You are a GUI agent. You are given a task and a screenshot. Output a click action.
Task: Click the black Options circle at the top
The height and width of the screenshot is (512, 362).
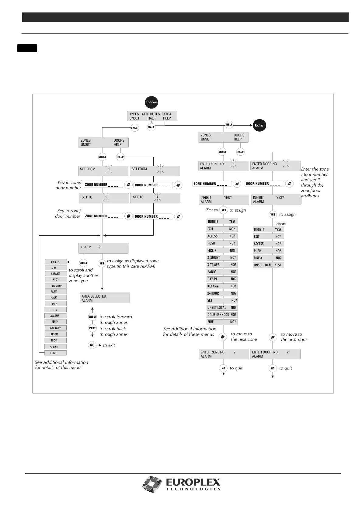(151, 102)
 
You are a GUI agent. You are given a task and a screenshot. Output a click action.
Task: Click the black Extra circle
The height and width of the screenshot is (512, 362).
(259, 125)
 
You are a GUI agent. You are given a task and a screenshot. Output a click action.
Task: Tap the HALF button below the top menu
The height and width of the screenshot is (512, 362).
(151, 127)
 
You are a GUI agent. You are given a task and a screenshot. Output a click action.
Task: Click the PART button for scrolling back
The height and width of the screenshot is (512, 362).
(92, 328)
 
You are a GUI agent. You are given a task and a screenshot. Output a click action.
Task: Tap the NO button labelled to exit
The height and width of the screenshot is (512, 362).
(92, 345)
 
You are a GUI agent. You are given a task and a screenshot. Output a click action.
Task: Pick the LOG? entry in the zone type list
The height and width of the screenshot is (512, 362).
(55, 353)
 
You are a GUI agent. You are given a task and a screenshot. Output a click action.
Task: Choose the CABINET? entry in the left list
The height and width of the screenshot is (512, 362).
(55, 328)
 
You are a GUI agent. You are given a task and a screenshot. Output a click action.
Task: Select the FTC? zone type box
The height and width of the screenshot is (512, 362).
(55, 280)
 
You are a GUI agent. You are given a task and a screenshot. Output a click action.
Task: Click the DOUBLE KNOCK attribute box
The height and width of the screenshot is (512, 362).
(222, 315)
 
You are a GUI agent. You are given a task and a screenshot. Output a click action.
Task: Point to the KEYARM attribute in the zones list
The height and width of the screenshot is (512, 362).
(222, 286)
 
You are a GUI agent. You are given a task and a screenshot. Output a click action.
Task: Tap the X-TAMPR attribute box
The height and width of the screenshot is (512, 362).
(222, 265)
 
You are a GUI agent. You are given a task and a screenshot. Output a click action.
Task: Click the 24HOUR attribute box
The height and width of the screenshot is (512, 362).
(222, 293)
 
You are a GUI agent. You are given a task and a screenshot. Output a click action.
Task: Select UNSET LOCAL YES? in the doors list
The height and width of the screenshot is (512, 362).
(268, 265)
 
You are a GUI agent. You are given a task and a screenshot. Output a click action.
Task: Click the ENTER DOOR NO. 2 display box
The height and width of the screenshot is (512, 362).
(275, 354)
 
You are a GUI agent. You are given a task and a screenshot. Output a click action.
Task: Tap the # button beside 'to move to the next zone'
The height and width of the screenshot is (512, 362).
(223, 337)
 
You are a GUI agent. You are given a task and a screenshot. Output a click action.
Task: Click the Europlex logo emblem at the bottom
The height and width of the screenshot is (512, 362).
(153, 485)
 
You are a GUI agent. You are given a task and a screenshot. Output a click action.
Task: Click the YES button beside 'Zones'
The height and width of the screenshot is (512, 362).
(224, 210)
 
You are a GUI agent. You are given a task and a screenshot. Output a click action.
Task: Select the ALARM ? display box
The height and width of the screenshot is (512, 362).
(103, 248)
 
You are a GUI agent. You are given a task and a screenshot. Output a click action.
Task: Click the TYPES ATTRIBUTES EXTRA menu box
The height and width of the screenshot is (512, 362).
(152, 116)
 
